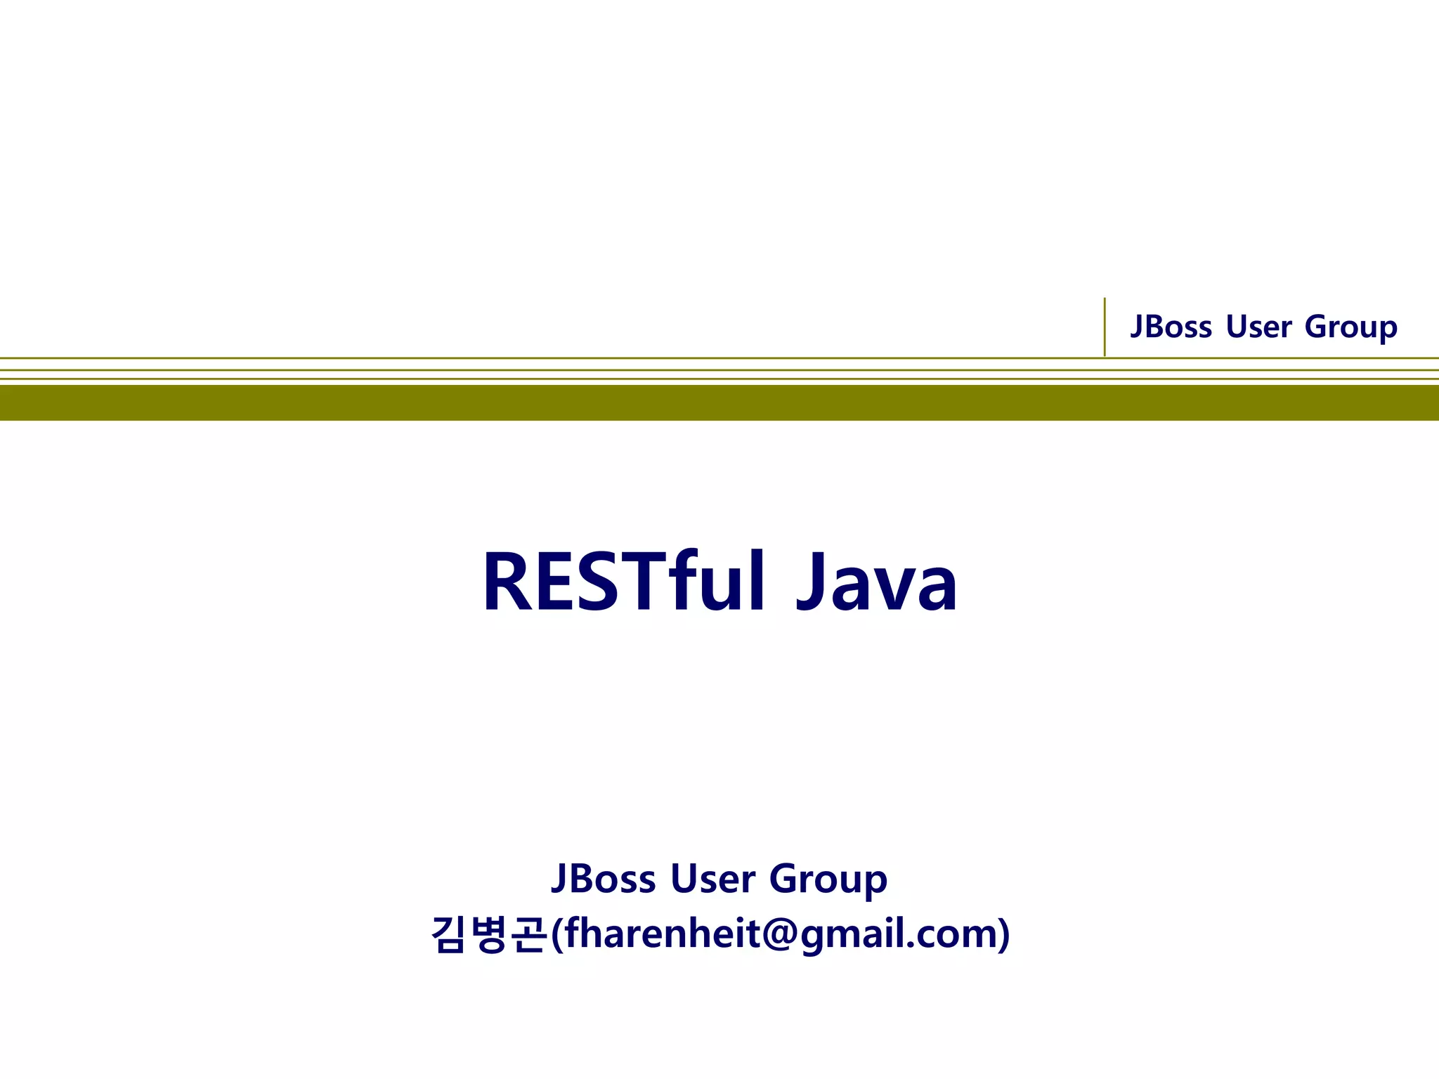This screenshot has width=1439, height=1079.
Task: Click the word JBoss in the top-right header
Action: pyautogui.click(x=1171, y=327)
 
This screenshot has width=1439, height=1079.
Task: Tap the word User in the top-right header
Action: pyautogui.click(x=1258, y=327)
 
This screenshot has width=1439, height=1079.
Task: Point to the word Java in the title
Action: pyautogui.click(x=876, y=583)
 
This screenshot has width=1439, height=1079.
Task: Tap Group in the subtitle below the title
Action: pyautogui.click(x=828, y=880)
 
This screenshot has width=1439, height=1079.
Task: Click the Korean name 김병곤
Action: pyautogui.click(x=489, y=934)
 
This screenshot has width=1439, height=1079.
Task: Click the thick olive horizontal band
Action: pyautogui.click(x=719, y=403)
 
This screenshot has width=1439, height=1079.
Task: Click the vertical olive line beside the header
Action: pyautogui.click(x=1105, y=327)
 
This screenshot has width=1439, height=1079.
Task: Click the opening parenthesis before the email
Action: pyautogui.click(x=556, y=934)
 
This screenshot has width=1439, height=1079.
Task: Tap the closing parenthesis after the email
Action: pyautogui.click(x=1004, y=934)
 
